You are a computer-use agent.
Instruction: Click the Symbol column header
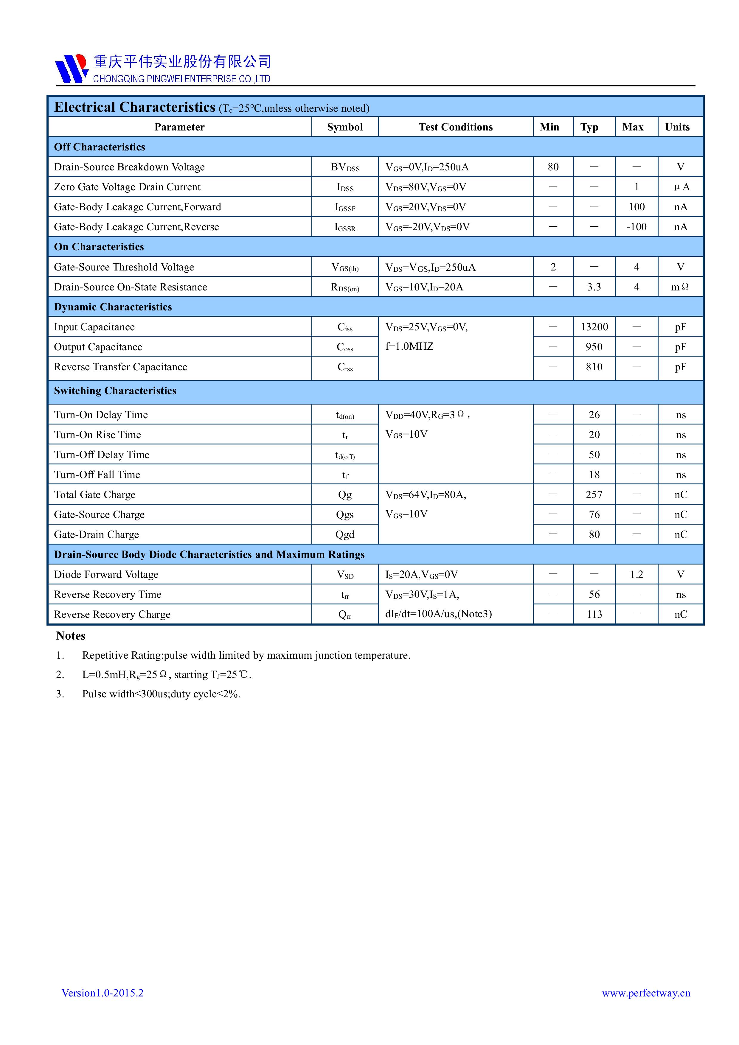345,127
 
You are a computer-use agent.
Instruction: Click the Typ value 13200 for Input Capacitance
594,327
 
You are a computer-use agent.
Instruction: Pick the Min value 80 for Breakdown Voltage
553,167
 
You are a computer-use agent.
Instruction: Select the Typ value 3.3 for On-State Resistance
594,287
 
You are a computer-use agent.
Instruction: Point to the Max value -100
636,227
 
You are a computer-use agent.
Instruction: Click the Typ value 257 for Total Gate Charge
594,495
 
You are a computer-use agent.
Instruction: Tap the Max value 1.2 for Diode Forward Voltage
636,574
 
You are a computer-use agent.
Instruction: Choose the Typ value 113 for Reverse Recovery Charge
594,615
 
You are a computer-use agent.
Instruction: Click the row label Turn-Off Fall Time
97,475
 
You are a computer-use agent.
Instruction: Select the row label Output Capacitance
98,347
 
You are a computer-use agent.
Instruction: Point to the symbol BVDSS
345,167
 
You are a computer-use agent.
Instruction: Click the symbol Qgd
345,535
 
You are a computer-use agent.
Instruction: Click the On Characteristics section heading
99,247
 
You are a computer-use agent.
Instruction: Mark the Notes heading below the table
71,636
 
